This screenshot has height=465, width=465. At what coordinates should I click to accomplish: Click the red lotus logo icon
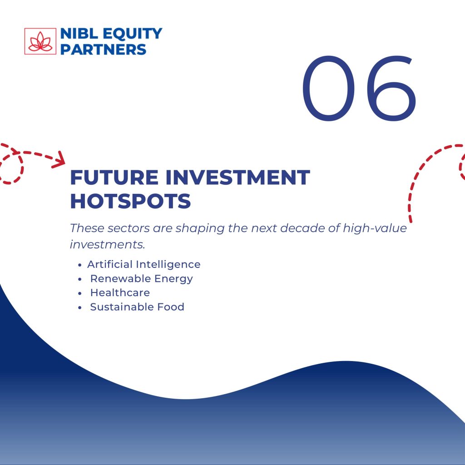[x=40, y=41]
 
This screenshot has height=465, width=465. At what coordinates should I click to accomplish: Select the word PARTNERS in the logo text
[x=103, y=49]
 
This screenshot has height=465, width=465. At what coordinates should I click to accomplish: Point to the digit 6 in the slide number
[x=391, y=89]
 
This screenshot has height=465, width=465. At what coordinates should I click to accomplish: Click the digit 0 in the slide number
[x=328, y=89]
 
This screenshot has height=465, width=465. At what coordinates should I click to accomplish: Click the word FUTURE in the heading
[x=114, y=178]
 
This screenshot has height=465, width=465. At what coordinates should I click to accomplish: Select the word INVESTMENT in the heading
[x=238, y=178]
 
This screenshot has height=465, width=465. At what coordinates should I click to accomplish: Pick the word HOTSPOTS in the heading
[x=130, y=201]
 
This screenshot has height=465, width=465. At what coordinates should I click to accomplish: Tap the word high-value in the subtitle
[x=375, y=228]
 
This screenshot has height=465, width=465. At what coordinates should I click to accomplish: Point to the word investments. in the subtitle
[x=107, y=245]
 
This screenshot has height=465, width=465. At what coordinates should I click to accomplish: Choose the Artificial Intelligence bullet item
[x=144, y=264]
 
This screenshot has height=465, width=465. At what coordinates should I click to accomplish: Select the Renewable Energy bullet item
[x=142, y=279]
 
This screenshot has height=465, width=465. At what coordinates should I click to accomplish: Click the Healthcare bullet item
[x=120, y=293]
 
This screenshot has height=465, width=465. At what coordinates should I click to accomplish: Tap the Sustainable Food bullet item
[x=137, y=307]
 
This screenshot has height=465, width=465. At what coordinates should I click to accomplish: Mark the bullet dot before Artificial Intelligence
[x=79, y=265]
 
